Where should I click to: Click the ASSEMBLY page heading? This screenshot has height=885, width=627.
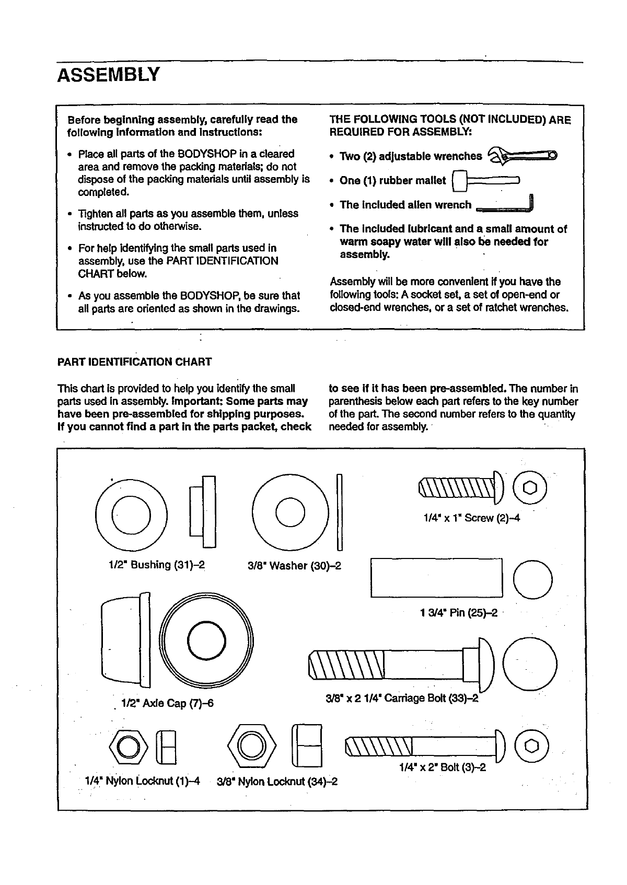[108, 75]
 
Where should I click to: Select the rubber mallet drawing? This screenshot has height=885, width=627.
[485, 181]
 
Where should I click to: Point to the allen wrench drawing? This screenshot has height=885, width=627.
[506, 206]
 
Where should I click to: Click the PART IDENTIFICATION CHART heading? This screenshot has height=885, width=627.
[134, 362]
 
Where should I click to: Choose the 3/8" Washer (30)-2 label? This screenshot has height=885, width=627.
[294, 566]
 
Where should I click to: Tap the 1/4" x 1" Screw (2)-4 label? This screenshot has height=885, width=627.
[471, 518]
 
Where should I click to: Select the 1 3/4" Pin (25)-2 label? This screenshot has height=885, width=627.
[458, 612]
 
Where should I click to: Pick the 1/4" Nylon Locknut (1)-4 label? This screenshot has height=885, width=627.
[142, 781]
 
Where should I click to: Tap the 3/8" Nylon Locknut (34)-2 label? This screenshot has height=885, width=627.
[277, 782]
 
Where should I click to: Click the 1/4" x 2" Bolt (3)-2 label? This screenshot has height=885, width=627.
[442, 767]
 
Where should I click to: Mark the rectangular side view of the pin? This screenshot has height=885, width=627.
[436, 577]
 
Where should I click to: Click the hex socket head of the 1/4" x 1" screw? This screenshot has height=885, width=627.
[530, 487]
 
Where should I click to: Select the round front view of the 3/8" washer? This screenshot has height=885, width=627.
[291, 511]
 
